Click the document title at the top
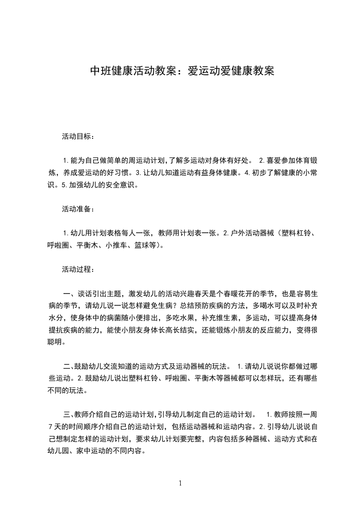(182, 71)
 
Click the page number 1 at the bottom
(180, 484)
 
